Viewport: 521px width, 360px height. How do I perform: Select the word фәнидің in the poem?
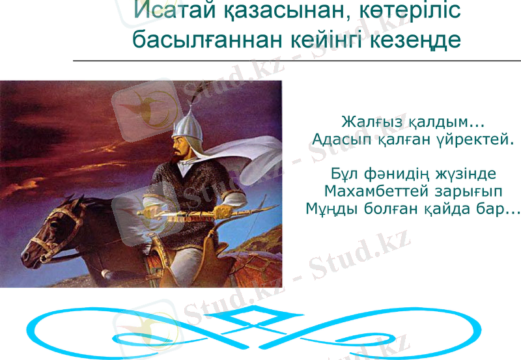click(396, 174)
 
